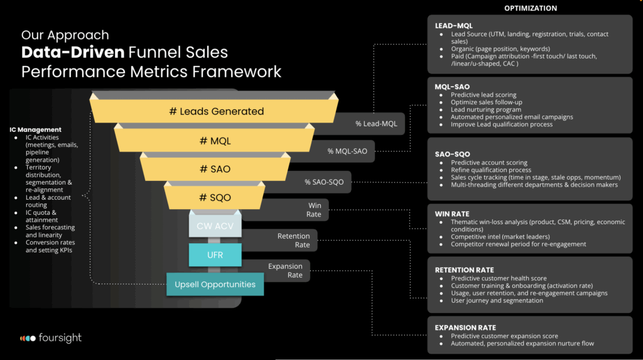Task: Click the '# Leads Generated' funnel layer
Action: pyautogui.click(x=216, y=111)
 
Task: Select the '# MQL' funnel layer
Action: pyautogui.click(x=215, y=141)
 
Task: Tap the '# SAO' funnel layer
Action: pyautogui.click(x=215, y=169)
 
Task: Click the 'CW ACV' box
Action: pyautogui.click(x=215, y=225)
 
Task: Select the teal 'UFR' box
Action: pyautogui.click(x=215, y=254)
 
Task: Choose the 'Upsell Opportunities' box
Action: pyautogui.click(x=215, y=284)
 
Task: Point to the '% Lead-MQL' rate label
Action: pyautogui.click(x=376, y=123)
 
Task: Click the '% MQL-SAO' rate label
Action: pyautogui.click(x=347, y=151)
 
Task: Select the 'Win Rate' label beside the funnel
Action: pyautogui.click(x=313, y=210)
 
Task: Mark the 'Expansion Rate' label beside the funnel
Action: pyautogui.click(x=285, y=270)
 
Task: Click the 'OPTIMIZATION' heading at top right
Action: pyautogui.click(x=530, y=8)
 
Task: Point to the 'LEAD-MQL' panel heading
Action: pyautogui.click(x=453, y=26)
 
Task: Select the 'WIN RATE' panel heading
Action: pyautogui.click(x=451, y=214)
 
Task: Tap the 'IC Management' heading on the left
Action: pyautogui.click(x=35, y=129)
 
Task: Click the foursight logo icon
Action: pyautogui.click(x=27, y=338)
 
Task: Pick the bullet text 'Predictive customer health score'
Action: pyautogui.click(x=499, y=278)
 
